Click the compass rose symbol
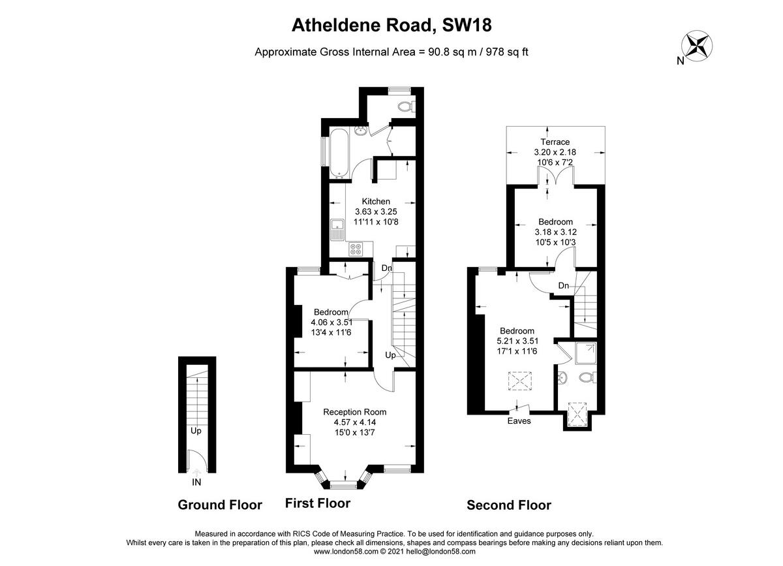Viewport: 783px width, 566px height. pyautogui.click(x=696, y=45)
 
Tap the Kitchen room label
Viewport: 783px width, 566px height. pyautogui.click(x=376, y=202)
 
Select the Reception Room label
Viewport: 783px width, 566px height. pyautogui.click(x=355, y=412)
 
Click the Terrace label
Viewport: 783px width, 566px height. pyautogui.click(x=555, y=142)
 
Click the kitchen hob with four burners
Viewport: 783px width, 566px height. pyautogui.click(x=356, y=248)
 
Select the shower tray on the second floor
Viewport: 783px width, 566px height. pyautogui.click(x=585, y=353)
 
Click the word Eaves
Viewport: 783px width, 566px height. pyautogui.click(x=519, y=421)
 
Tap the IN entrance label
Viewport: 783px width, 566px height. pyautogui.click(x=196, y=482)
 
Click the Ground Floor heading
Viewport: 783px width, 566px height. pyautogui.click(x=220, y=505)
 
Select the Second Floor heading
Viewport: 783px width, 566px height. pyautogui.click(x=509, y=505)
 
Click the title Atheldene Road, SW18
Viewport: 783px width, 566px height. pyautogui.click(x=391, y=25)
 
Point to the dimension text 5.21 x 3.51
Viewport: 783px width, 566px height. pyautogui.click(x=517, y=341)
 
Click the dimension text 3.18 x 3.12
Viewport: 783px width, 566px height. pyautogui.click(x=555, y=232)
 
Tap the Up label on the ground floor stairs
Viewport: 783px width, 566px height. pyautogui.click(x=196, y=431)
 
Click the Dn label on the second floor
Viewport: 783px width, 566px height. pyautogui.click(x=564, y=286)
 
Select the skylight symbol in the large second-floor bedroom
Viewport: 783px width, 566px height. pyautogui.click(x=519, y=380)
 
